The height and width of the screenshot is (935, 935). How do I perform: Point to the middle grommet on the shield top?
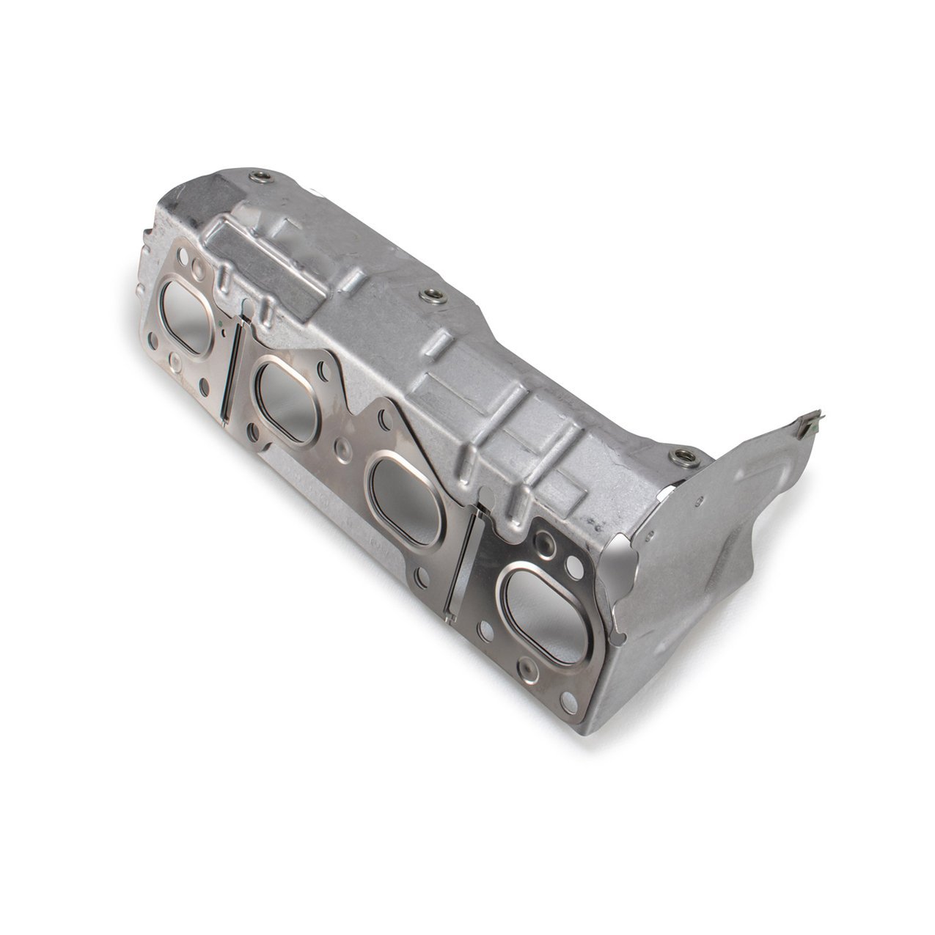pos(428,296)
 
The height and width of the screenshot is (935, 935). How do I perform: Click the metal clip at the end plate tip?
pos(810,423)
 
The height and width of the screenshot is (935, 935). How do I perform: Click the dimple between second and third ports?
pos(340,444)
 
